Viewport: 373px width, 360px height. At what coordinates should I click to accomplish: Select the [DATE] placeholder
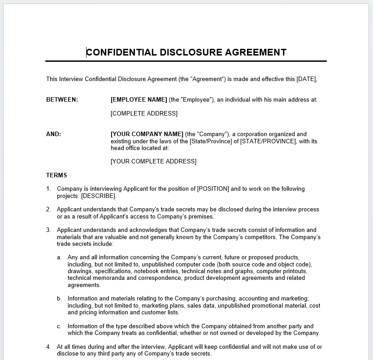[x=306, y=79]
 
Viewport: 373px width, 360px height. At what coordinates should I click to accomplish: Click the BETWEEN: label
[x=62, y=100]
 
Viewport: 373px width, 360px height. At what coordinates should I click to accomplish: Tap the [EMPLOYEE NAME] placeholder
[x=139, y=100]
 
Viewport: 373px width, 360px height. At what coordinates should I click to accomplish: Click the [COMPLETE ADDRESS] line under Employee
[x=144, y=114]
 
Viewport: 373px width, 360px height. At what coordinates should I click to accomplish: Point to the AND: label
[x=54, y=134]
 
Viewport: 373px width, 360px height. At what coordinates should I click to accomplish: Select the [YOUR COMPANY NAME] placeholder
[x=147, y=134]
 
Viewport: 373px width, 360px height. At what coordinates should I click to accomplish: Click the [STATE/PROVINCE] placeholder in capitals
[x=268, y=141]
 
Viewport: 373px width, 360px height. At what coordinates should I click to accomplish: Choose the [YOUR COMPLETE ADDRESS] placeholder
[x=153, y=161]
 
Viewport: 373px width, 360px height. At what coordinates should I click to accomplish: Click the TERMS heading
[x=56, y=176]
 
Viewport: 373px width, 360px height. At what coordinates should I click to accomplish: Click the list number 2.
[x=48, y=210]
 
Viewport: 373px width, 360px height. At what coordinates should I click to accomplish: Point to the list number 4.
[x=48, y=347]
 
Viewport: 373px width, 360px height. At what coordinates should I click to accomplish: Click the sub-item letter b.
[x=59, y=299]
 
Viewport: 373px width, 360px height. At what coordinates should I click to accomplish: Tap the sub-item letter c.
[x=59, y=326]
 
